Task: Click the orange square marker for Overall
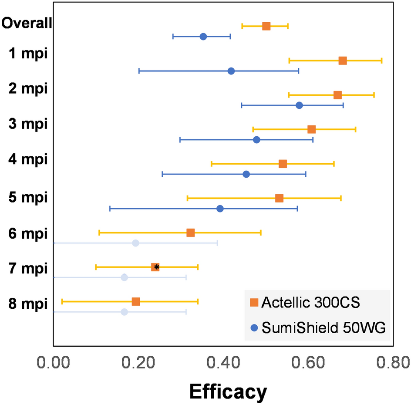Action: pyautogui.click(x=266, y=26)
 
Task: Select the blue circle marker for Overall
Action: pyautogui.click(x=203, y=37)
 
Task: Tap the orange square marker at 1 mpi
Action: pyautogui.click(x=343, y=61)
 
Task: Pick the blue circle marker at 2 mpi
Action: pyautogui.click(x=299, y=105)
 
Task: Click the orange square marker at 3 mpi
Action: pyautogui.click(x=311, y=129)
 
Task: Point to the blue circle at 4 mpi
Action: pyautogui.click(x=246, y=174)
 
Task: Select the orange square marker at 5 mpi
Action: pyautogui.click(x=279, y=198)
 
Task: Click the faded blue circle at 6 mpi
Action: pyautogui.click(x=135, y=243)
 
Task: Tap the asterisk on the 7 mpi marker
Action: pyautogui.click(x=157, y=267)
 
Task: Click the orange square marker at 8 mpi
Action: pyautogui.click(x=136, y=302)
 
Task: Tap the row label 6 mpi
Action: pyautogui.click(x=27, y=232)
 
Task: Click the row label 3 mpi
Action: pyautogui.click(x=27, y=124)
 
